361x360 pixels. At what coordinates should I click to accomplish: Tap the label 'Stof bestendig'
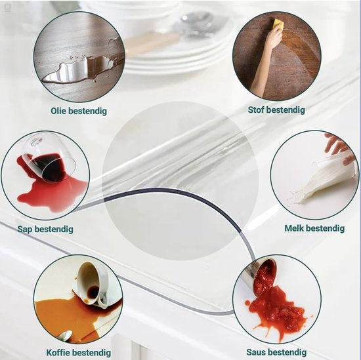click(276, 110)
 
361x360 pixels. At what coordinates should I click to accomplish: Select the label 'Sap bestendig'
click(46, 230)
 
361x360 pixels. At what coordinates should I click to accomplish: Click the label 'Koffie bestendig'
click(78, 353)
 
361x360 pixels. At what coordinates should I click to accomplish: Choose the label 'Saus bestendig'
click(276, 353)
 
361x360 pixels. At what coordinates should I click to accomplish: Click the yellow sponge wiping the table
click(278, 24)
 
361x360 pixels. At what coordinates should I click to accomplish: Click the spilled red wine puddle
click(56, 190)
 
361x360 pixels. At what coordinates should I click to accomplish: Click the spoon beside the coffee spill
click(64, 336)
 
